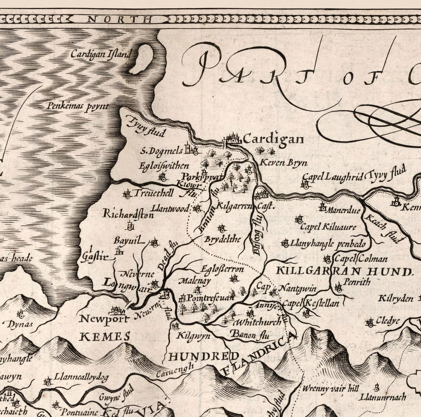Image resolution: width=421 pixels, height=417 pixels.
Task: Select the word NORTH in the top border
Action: coord(120,19)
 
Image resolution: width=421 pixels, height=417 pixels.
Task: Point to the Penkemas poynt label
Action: coord(77,106)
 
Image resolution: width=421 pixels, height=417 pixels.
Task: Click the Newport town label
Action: coord(104,320)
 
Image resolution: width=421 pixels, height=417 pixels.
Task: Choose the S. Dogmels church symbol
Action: coord(191,149)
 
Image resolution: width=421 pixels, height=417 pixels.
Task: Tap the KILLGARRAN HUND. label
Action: coord(345,271)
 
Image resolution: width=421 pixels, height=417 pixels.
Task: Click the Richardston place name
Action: coord(128,215)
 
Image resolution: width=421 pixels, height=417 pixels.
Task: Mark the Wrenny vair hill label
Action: coord(330,388)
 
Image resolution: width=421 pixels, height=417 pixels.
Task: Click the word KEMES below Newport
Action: coord(105,336)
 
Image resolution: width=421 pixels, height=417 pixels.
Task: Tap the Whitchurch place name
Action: coord(258,322)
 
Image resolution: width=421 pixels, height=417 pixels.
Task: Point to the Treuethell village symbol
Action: coord(127,194)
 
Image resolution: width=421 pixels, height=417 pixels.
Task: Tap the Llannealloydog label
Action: coord(81,377)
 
